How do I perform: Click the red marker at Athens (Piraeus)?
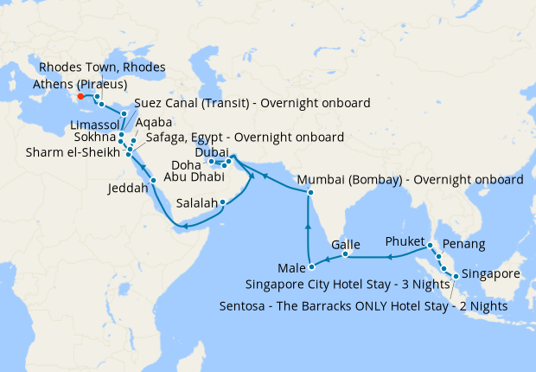(x=80, y=96)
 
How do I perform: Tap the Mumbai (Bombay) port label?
(x=410, y=181)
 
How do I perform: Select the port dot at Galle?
(x=345, y=254)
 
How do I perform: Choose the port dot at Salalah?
(x=223, y=203)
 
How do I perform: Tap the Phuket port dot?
(x=431, y=247)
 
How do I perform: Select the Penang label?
(x=463, y=244)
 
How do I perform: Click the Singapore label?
(x=491, y=273)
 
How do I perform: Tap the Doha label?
(x=187, y=163)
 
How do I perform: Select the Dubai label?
(x=213, y=151)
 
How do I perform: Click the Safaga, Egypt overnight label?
(x=246, y=137)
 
